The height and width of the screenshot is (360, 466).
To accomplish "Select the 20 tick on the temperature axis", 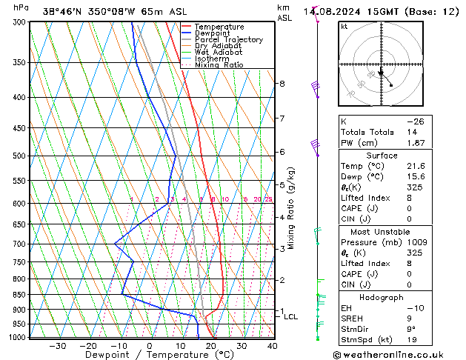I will click(x=211, y=346).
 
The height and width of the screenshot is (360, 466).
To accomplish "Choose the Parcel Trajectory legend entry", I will click(x=228, y=40).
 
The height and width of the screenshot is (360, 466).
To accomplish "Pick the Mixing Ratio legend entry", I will click(x=219, y=65).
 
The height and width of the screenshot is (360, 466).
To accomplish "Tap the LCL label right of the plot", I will click(x=291, y=317).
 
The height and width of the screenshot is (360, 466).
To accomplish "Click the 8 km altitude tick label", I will click(x=282, y=84).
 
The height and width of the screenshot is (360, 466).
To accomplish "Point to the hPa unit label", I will click(x=21, y=7).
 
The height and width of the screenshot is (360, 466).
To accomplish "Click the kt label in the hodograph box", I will click(x=344, y=26).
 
